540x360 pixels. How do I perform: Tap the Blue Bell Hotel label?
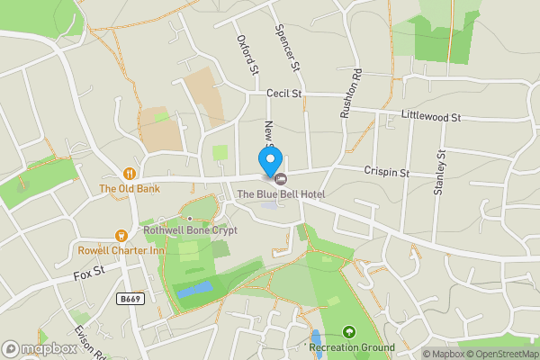click(280, 193)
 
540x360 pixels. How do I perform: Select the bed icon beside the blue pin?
click(280, 177)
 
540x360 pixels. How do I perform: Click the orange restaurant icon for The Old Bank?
click(130, 174)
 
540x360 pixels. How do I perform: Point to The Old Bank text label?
click(130, 189)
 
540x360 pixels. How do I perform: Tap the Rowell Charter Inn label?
click(121, 250)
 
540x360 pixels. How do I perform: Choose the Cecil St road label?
click(287, 94)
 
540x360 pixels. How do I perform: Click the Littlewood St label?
click(431, 117)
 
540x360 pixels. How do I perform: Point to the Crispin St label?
click(387, 172)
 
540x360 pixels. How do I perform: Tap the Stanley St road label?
click(440, 174)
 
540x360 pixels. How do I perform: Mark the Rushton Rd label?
click(355, 87)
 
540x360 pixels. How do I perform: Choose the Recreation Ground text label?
click(351, 347)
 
